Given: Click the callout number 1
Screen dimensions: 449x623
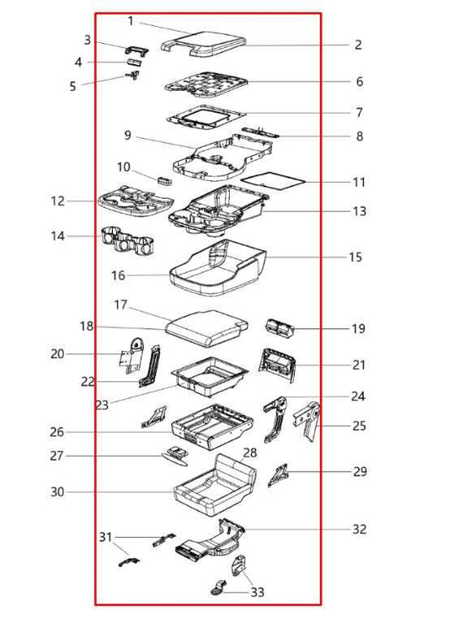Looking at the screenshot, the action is point(131,21).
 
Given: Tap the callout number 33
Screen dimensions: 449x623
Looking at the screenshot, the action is point(257,593).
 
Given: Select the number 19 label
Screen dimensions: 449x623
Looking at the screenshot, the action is point(358,328).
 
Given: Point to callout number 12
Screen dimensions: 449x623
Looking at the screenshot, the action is point(57,201).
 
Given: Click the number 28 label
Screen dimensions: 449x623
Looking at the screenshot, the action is point(249,453).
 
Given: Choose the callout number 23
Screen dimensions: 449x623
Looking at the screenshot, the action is point(102,405).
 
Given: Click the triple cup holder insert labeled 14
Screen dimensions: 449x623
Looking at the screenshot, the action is point(128,240).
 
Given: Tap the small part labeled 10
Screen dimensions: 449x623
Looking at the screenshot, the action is point(165,181).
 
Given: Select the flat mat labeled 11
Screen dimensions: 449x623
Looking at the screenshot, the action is point(273,180).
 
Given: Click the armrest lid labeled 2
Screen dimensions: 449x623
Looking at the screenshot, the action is point(203,43).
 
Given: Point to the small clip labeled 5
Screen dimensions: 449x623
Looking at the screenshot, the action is point(133,75).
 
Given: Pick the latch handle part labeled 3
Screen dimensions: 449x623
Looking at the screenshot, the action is point(136,51).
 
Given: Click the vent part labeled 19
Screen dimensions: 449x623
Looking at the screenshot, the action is point(279,328).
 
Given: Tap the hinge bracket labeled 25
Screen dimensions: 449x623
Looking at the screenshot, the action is point(307,422).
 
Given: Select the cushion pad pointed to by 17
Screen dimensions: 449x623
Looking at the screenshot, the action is point(206,327).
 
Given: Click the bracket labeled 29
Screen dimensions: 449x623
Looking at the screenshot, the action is point(278,474).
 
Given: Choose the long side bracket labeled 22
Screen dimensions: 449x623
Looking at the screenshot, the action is point(150,366).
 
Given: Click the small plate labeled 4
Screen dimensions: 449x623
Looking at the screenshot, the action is point(135,62).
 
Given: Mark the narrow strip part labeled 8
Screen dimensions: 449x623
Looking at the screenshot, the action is point(260,132).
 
